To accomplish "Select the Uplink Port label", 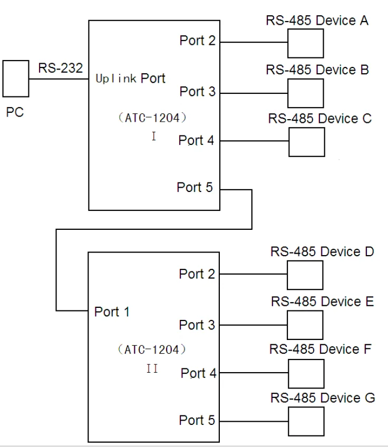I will click(130, 79).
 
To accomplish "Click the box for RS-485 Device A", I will click(305, 43).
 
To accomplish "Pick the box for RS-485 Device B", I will click(305, 93).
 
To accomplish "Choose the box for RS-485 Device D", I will click(304, 274).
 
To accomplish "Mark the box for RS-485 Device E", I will click(305, 324).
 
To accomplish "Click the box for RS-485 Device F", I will click(305, 373).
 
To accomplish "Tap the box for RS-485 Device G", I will click(305, 421).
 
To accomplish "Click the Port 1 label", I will click(112, 312).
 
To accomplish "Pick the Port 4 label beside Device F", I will click(199, 373).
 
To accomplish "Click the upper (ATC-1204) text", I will click(152, 118).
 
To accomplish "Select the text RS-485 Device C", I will click(320, 119).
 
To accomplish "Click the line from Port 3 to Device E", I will click(253, 324).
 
